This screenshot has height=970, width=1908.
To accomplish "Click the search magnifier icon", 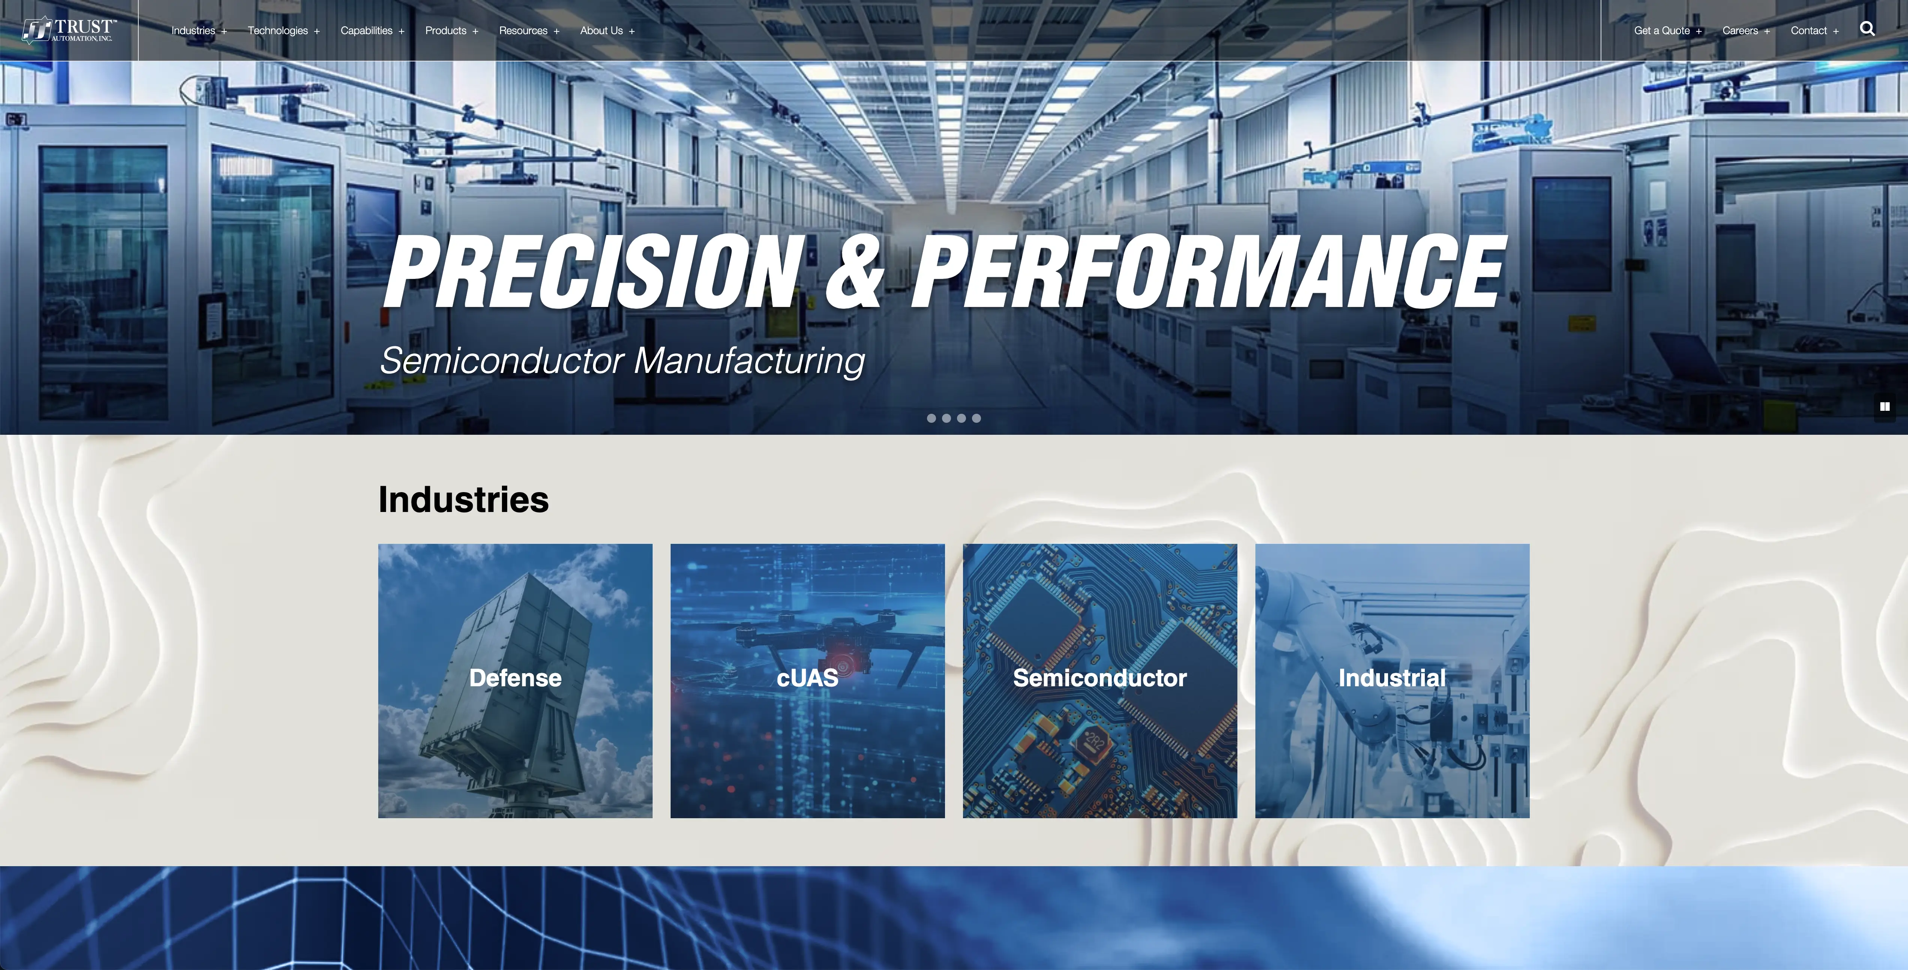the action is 1867,29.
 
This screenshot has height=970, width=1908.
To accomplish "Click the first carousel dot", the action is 931,418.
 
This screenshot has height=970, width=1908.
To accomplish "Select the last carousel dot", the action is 976,418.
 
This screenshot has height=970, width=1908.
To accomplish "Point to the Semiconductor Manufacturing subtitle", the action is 622,361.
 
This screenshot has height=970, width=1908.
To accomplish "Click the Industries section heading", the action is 464,499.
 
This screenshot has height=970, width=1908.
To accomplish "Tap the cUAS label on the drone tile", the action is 807,678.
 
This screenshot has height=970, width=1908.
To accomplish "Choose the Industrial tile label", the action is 1392,678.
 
